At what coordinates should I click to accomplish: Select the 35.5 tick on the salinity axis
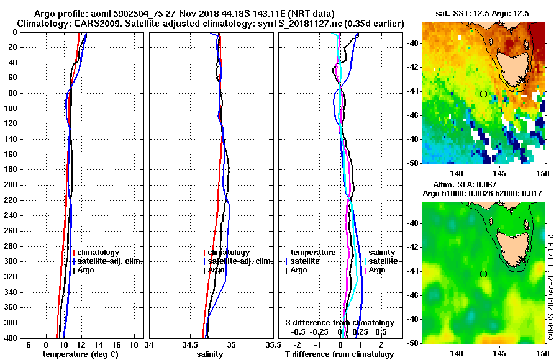click(x=270, y=344)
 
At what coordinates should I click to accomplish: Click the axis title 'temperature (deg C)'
click(x=80, y=354)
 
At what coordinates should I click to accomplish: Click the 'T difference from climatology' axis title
click(x=339, y=354)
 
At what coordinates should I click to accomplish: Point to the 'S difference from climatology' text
click(x=339, y=323)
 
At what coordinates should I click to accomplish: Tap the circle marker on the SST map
click(x=483, y=94)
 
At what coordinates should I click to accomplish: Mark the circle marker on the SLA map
click(x=483, y=274)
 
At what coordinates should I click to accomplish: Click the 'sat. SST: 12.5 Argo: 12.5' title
click(x=482, y=14)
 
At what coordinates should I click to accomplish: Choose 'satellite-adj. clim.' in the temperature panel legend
click(x=110, y=261)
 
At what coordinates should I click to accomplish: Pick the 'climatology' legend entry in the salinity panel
click(x=229, y=253)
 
